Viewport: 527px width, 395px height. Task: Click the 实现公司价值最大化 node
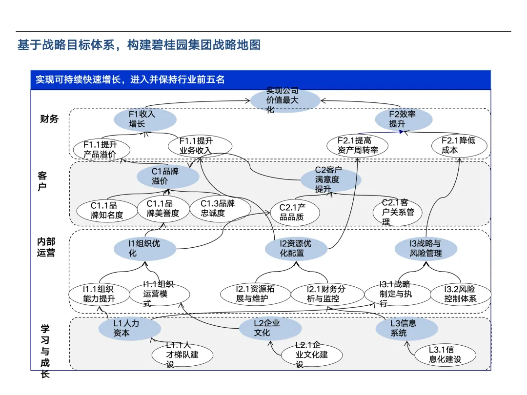pos(285,101)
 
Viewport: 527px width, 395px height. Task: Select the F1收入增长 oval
pos(144,119)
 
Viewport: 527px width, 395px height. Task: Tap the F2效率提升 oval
pos(403,119)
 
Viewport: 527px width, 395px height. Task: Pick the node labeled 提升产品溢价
pos(101,149)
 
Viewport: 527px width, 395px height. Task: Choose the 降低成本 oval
pos(459,145)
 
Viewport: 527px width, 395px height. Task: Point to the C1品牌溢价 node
pos(167,177)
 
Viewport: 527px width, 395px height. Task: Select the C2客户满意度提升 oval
pos(330,179)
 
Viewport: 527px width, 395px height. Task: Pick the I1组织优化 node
pos(144,248)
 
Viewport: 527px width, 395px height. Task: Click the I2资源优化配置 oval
pos(296,248)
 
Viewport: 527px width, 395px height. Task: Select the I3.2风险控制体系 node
pos(460,294)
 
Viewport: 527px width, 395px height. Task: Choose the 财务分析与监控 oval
pos(323,294)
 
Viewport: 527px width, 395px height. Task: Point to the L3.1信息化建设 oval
pos(445,355)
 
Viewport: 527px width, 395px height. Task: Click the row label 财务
pos(49,118)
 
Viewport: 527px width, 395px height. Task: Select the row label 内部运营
pos(46,247)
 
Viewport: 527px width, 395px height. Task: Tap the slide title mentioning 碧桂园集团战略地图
pos(139,45)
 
